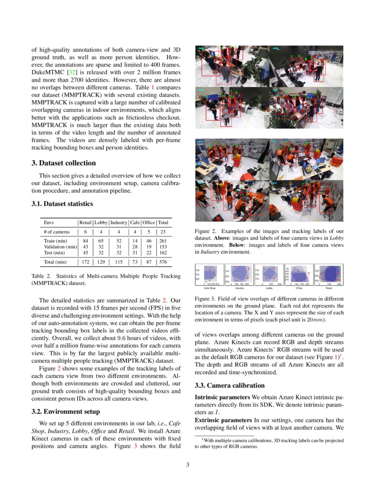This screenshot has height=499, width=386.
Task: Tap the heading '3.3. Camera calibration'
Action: pyautogui.click(x=229, y=385)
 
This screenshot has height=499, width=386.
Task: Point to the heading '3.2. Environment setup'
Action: pyautogui.click(x=65, y=411)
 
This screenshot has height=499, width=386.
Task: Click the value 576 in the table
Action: pyautogui.click(x=163, y=262)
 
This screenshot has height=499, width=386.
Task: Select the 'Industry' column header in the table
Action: pyautogui.click(x=119, y=223)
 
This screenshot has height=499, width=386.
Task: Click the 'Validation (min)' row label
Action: pyautogui.click(x=60, y=246)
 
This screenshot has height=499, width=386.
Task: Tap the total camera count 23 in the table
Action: pyautogui.click(x=163, y=231)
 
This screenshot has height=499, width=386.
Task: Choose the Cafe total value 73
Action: pyautogui.click(x=134, y=262)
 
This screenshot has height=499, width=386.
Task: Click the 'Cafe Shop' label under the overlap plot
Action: pyautogui.click(x=209, y=288)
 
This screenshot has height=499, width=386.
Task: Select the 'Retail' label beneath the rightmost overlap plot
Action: pyautogui.click(x=328, y=288)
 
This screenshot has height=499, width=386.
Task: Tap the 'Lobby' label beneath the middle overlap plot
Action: pyautogui.click(x=269, y=288)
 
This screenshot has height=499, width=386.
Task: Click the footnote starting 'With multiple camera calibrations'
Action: pyautogui.click(x=272, y=440)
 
